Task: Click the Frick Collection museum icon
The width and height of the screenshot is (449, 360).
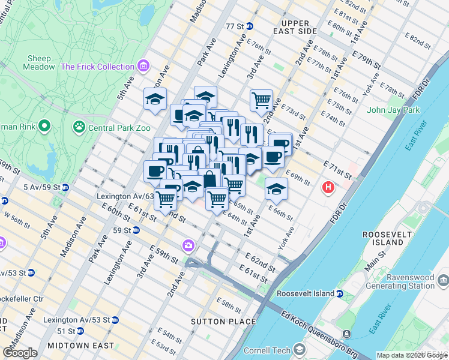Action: point(143,67)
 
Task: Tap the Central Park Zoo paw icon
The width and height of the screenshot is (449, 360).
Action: point(79,127)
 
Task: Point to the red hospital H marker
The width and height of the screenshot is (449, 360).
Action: point(328,187)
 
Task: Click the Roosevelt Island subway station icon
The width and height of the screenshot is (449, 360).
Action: point(340,294)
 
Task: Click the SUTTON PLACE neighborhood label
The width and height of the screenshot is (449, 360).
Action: point(215,322)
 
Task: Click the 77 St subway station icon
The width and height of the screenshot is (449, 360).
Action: point(249,26)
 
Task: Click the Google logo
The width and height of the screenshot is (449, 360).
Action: point(20,353)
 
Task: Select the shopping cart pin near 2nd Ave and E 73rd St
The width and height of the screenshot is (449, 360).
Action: point(261,100)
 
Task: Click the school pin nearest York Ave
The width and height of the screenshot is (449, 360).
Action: point(276,188)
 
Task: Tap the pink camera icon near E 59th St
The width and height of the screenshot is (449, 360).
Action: point(188,245)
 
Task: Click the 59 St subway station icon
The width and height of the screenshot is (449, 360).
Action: point(136,230)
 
